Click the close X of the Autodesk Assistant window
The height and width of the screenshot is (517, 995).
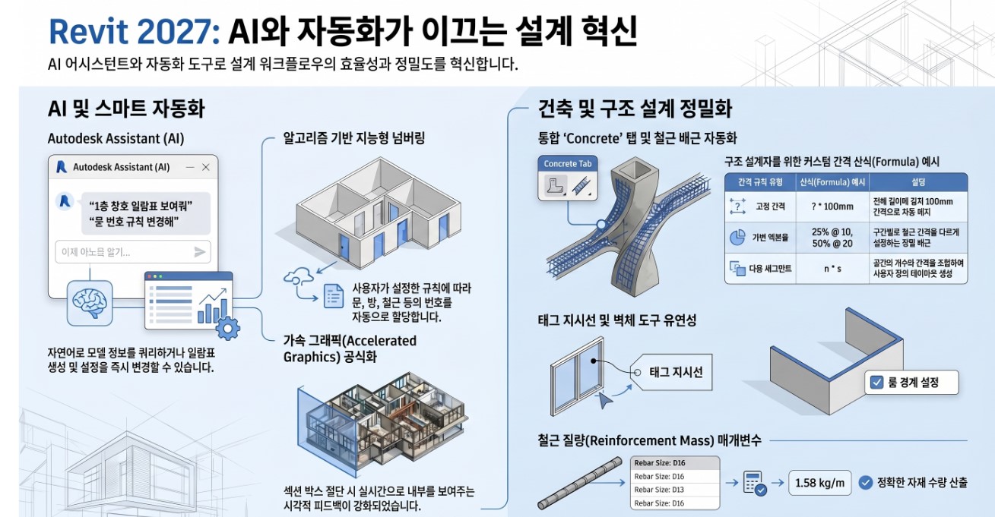205,167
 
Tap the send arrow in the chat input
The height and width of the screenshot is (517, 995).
200,252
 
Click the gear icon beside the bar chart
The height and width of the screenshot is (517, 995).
227,328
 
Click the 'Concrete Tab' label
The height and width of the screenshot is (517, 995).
567,164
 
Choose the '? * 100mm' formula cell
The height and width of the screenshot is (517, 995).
832,206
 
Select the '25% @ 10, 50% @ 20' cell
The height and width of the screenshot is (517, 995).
832,236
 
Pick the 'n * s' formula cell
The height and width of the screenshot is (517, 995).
832,268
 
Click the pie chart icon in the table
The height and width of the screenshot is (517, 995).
737,237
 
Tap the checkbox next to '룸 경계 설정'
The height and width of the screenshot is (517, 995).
875,383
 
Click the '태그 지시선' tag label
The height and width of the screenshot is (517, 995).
675,372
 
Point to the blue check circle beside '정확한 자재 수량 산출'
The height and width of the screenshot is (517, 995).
865,482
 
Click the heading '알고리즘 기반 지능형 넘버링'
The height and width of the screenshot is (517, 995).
353,138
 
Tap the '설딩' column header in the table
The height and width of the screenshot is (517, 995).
918,182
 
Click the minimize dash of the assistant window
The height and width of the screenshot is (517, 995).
189,167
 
